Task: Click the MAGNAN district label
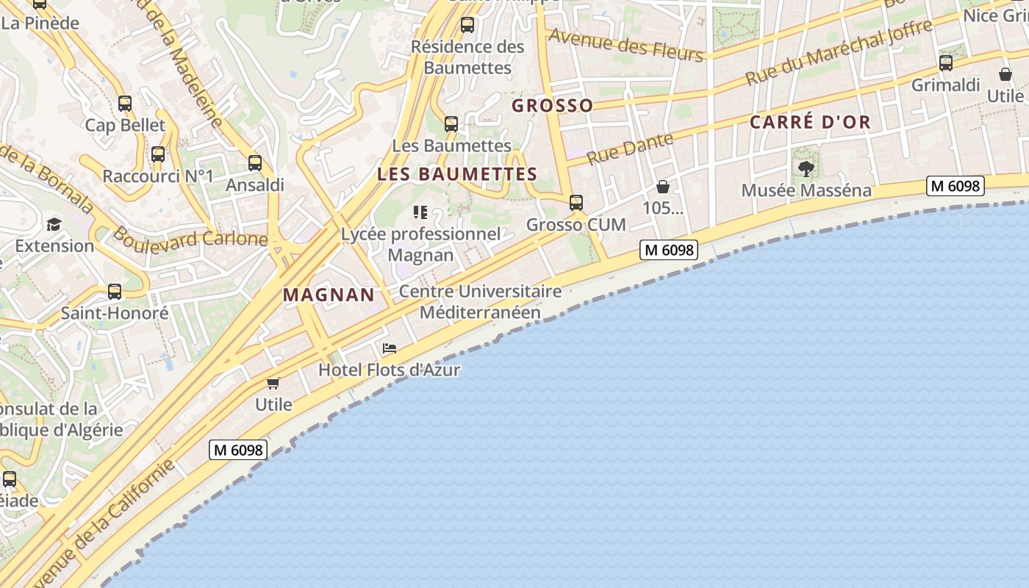329,295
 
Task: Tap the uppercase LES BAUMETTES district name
456,174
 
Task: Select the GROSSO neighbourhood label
552,105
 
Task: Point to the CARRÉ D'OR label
810,122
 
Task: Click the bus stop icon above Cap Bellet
125,104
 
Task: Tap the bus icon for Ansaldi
255,163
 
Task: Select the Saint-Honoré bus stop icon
115,292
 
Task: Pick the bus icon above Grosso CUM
576,203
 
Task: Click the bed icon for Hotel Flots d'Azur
390,348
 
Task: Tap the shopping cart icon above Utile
273,383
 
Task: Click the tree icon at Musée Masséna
806,169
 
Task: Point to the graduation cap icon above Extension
54,224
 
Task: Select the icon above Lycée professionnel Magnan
420,212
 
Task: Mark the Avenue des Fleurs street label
625,44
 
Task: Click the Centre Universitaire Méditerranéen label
480,301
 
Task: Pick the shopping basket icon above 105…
663,187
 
